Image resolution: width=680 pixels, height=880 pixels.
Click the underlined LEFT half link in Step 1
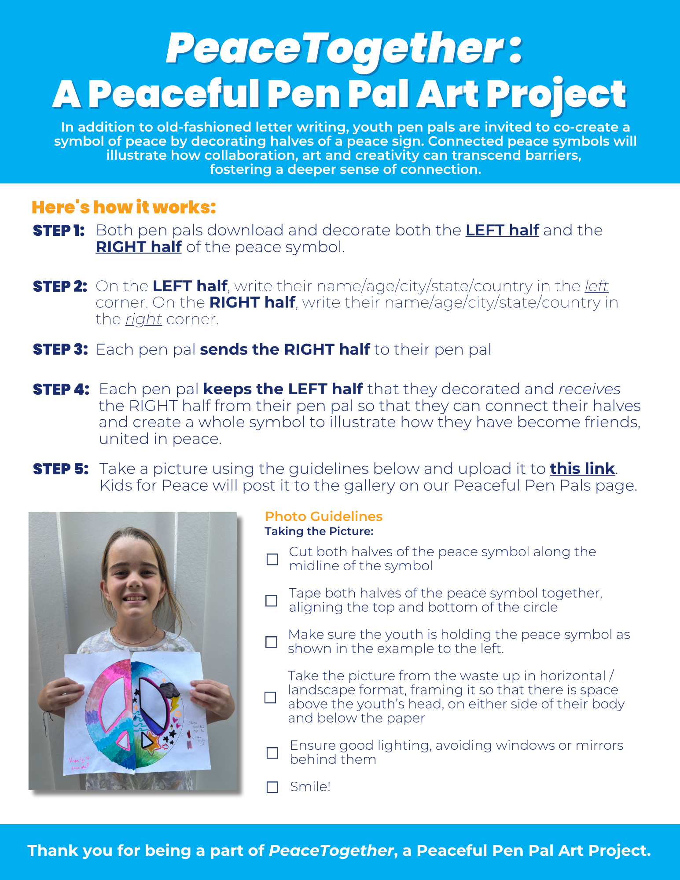click(x=502, y=230)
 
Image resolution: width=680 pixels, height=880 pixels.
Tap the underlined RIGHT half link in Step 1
click(x=139, y=247)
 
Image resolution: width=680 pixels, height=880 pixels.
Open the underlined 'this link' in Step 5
click(x=582, y=469)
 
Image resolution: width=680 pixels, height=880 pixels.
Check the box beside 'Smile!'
click(x=272, y=787)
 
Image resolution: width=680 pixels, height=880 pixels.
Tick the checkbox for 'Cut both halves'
click(x=272, y=559)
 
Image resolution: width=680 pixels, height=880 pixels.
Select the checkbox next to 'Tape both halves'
click(x=272, y=601)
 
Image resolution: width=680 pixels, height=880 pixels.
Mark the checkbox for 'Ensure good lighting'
click(x=272, y=752)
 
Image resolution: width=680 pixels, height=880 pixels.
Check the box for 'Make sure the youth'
click(x=272, y=642)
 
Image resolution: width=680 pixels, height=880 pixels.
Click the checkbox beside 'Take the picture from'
click(x=270, y=697)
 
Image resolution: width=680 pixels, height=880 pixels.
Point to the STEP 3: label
click(x=60, y=349)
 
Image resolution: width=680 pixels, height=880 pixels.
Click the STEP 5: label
click(x=61, y=469)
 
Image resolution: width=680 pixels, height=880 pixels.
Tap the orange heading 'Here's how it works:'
click(x=124, y=207)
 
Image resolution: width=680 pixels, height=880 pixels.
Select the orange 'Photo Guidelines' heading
click(x=323, y=516)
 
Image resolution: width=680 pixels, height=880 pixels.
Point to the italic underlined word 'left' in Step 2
click(x=596, y=286)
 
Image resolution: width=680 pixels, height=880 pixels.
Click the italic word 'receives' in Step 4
click(x=589, y=389)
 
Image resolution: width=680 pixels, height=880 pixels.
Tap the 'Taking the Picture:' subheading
click(x=319, y=531)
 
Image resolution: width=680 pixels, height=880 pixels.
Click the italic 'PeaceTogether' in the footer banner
click(x=331, y=851)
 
